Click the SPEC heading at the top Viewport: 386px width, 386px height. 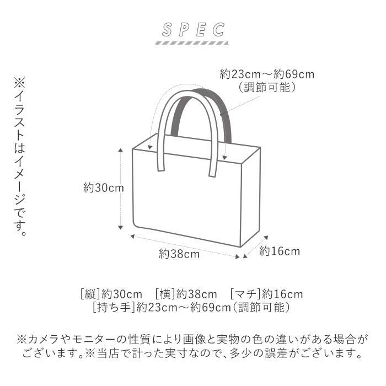[193, 29]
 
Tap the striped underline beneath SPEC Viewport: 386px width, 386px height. [193, 42]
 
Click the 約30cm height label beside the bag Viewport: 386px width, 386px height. [103, 188]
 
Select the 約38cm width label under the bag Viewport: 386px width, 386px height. [179, 254]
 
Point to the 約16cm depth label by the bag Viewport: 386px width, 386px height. [280, 251]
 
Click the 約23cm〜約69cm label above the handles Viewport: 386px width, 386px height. [267, 74]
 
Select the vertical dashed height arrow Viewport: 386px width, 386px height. [120, 188]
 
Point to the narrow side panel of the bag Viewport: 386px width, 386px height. [251, 199]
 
